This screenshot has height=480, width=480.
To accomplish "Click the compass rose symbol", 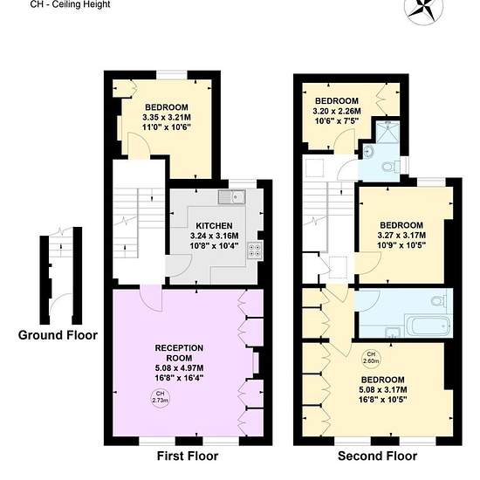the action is point(423,9).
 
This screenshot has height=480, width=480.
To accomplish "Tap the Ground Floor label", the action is point(58,335).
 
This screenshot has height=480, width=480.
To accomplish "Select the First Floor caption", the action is point(188,456).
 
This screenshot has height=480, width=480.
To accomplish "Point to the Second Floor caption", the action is point(377,456).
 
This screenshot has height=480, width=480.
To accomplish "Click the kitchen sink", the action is point(232,197).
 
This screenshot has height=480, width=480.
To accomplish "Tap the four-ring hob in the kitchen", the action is point(255,250).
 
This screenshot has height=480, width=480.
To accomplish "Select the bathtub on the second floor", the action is point(428,326).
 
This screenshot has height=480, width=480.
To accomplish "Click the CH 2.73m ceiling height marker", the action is point(161,397).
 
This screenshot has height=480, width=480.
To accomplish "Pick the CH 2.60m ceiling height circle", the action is point(371,358).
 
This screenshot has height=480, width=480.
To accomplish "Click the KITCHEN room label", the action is point(214,226).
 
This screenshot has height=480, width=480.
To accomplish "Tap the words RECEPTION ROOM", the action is point(179,353).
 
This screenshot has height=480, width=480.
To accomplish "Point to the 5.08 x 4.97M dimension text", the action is point(179,367).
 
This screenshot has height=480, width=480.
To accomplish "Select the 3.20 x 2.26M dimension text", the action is point(337,111).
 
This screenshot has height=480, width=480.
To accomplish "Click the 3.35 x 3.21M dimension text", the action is point(167,117).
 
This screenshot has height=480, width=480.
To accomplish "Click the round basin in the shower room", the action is point(367,151).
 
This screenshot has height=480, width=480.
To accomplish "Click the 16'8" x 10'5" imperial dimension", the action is point(382,400).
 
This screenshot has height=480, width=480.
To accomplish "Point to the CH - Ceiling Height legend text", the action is point(70,4).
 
